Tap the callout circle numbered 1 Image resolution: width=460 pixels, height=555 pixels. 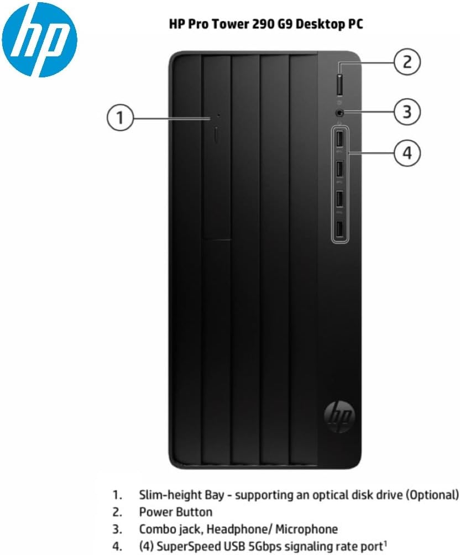pyautogui.click(x=121, y=117)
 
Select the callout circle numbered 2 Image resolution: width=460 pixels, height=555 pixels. pyautogui.click(x=407, y=62)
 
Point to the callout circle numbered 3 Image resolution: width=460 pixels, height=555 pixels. pyautogui.click(x=407, y=112)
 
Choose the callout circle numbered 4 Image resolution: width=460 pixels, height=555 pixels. pyautogui.click(x=407, y=153)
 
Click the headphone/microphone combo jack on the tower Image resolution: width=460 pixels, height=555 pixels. pyautogui.click(x=339, y=113)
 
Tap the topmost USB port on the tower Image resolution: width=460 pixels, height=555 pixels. pyautogui.click(x=340, y=139)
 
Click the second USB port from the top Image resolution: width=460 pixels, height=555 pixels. pyautogui.click(x=340, y=169)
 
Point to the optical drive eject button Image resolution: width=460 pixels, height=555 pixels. pyautogui.click(x=217, y=135)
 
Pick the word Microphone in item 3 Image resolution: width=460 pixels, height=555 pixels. pyautogui.click(x=307, y=529)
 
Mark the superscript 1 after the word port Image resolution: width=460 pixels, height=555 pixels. pyautogui.click(x=385, y=543)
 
